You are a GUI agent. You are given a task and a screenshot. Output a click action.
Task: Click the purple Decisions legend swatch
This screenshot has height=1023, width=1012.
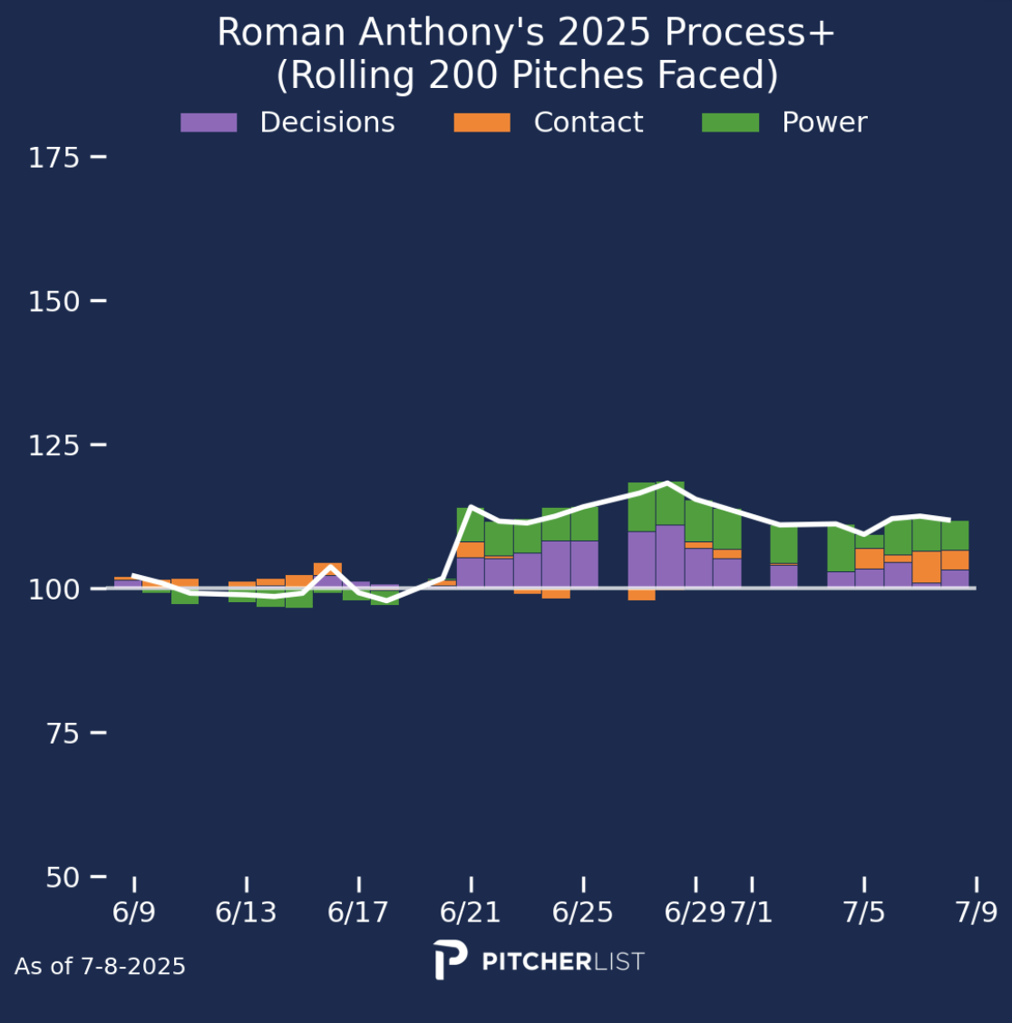(x=209, y=122)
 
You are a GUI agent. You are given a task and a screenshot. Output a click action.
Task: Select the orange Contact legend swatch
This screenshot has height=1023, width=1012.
(x=482, y=122)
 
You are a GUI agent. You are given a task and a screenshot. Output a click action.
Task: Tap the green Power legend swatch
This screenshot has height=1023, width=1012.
(x=730, y=122)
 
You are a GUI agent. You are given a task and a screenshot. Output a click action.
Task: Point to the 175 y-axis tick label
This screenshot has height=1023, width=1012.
(x=54, y=159)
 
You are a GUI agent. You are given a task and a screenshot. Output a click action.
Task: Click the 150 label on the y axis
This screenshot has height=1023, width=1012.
(x=54, y=302)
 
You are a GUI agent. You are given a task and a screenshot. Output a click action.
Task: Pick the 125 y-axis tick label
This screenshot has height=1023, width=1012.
(x=54, y=445)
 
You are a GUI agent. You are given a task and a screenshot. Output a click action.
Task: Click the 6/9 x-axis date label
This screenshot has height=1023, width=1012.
(x=134, y=912)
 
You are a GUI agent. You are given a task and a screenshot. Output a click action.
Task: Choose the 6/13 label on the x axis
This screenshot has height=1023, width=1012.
(x=246, y=912)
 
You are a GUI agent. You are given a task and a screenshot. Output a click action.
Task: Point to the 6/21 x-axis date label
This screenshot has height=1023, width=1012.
(x=471, y=912)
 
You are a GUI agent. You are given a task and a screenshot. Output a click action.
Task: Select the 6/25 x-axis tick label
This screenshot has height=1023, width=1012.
(x=583, y=912)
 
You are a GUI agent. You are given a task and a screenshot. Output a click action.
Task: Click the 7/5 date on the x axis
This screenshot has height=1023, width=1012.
(x=864, y=912)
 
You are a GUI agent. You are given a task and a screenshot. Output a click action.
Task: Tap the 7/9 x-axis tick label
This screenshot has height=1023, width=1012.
(x=976, y=912)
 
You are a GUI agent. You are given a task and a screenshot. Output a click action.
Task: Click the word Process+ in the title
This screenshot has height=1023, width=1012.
(x=750, y=34)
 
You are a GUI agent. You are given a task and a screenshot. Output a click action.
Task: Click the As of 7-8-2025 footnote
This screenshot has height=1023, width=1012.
(x=100, y=967)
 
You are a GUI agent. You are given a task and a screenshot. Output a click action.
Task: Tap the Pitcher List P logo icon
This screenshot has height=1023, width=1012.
(x=451, y=960)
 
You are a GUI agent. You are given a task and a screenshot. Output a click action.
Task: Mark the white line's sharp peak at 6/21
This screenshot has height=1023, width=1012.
(x=471, y=506)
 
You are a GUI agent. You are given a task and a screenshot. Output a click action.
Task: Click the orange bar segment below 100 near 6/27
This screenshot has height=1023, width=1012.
(x=641, y=594)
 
